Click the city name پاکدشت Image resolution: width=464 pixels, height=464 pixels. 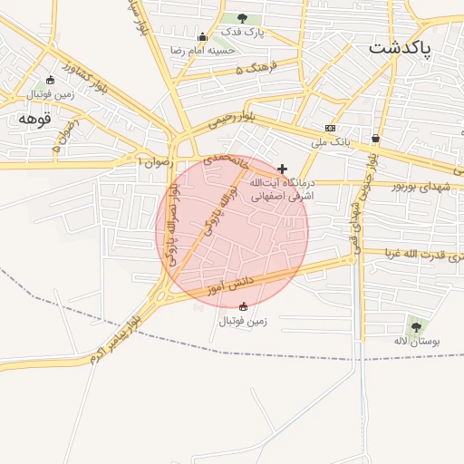pos(401,48)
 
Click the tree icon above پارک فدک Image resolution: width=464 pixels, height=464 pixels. pos(241,18)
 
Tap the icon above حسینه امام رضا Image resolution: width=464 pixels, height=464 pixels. pos(201,37)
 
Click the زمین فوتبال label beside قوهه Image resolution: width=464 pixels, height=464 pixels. pos(49,93)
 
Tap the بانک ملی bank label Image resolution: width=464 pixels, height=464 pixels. pos(330,141)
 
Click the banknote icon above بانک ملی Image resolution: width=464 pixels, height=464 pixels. pos(330,128)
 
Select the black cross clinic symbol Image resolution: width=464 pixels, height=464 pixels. pos(283,169)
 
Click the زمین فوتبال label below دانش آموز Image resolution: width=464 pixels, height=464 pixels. pos(242,320)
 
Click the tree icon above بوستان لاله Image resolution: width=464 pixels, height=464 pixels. pos(415,326)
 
